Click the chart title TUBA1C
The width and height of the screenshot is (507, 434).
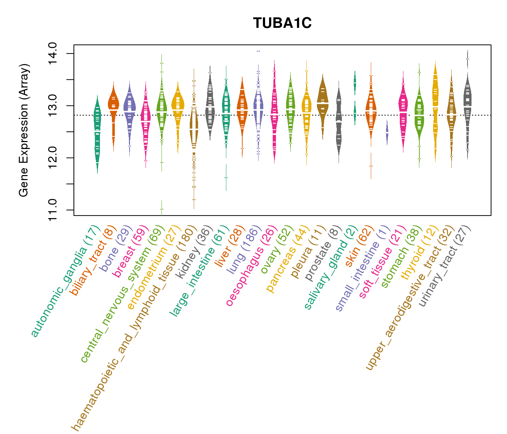click(x=282, y=23)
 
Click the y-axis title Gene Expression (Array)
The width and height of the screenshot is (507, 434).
click(x=24, y=130)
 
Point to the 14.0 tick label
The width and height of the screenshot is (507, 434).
click(x=51, y=54)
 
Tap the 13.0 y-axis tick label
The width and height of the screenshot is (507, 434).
click(x=51, y=106)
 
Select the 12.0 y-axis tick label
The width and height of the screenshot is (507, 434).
click(x=51, y=158)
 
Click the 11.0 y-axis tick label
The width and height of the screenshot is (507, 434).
click(x=51, y=210)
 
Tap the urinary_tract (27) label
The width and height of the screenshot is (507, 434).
click(x=445, y=266)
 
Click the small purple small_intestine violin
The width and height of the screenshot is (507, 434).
click(x=387, y=133)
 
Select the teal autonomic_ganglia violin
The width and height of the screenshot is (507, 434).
click(x=97, y=134)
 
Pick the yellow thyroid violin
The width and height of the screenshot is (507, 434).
click(x=435, y=109)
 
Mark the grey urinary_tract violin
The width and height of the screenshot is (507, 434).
click(x=468, y=109)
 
